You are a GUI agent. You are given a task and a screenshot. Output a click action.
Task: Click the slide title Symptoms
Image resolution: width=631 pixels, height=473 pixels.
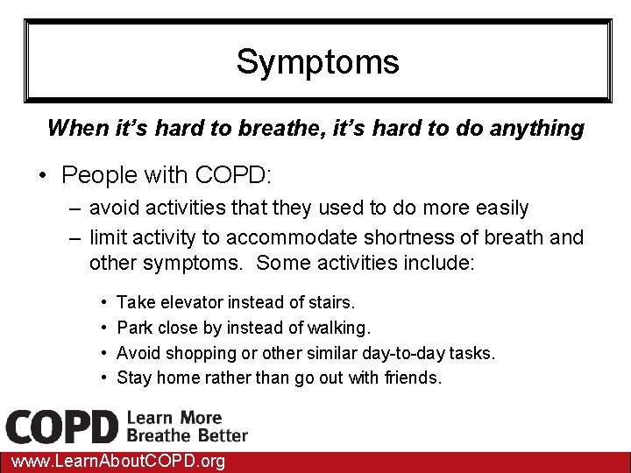[317, 62]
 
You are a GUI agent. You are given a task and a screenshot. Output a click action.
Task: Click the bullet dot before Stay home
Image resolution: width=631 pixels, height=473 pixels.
[103, 378]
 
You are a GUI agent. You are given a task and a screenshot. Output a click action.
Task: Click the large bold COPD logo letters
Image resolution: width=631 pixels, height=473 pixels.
[61, 427]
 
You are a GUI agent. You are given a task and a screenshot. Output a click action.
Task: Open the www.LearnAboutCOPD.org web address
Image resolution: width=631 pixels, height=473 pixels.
[114, 462]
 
